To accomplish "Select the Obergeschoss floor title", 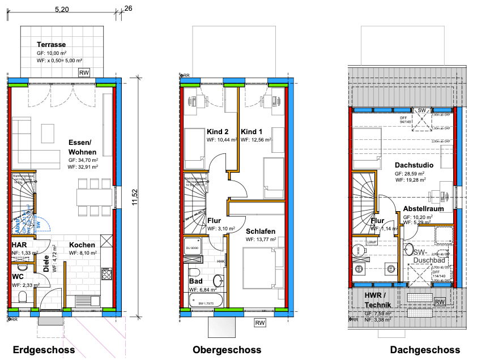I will tap(227, 349).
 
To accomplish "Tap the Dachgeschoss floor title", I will tap(425, 350).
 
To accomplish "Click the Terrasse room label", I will tap(51, 44).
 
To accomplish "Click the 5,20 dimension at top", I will tap(62, 10).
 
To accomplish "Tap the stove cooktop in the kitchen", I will tap(107, 275).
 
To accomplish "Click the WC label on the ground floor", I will tap(18, 276).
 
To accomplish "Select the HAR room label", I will tap(19, 245).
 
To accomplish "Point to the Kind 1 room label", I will tap(252, 131).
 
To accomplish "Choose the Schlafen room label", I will tap(260, 231).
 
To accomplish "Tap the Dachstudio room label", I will tap(415, 165).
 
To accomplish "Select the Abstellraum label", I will tap(427, 208).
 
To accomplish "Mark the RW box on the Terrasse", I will tap(84, 72).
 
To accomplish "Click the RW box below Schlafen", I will tap(260, 323).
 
